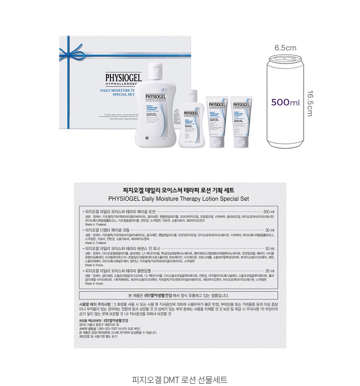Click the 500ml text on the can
point(285,103)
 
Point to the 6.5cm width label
point(285,48)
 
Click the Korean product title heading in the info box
point(180,190)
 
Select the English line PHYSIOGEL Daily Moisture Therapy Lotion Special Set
point(180,199)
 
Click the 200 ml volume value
point(269,212)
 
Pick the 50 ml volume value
point(270,248)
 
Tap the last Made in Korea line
point(94,284)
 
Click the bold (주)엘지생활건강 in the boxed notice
point(158,295)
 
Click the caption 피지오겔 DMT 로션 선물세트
point(180,379)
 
